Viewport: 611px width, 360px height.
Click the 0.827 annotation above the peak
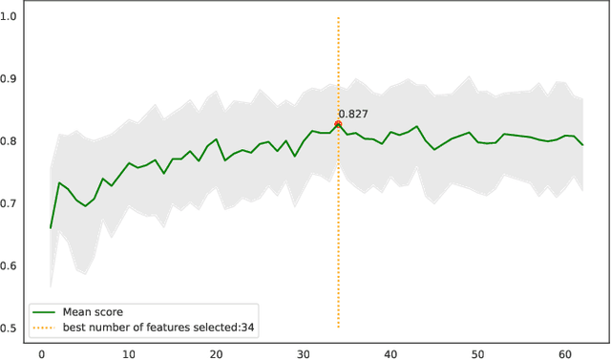pos(353,115)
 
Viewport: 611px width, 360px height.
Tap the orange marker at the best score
pos(338,124)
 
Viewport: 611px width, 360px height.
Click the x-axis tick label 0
pos(41,351)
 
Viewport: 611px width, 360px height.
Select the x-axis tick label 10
pos(129,351)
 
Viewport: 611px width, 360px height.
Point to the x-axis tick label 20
pos(216,351)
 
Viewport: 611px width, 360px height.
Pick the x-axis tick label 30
pos(304,351)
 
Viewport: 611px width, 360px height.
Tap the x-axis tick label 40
pos(391,351)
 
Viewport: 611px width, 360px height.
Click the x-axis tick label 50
pos(478,351)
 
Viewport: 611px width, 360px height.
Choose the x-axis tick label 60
pos(566,351)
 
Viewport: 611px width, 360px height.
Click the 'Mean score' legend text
pos(92,311)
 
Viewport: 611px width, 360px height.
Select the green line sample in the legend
pos(44,311)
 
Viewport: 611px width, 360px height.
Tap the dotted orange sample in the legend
pos(44,328)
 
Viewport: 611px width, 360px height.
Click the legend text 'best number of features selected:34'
pos(158,328)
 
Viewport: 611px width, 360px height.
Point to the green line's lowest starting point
pos(51,228)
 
